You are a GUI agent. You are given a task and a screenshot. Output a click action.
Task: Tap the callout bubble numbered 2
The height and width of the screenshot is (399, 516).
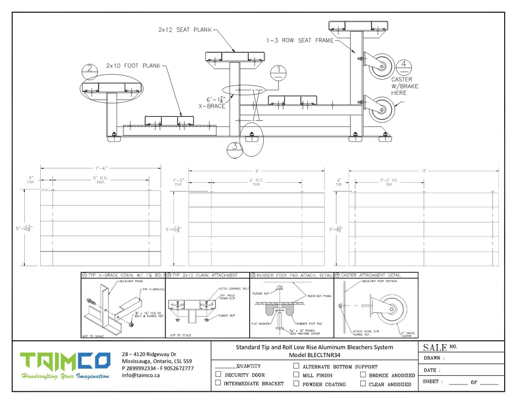tap(90, 69)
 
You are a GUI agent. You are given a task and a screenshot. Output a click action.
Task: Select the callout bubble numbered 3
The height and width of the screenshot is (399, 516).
tap(234, 147)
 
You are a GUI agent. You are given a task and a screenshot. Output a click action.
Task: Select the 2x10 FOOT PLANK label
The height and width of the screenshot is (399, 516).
tap(133, 66)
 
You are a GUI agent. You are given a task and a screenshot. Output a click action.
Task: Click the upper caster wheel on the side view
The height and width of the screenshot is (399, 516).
tap(382, 66)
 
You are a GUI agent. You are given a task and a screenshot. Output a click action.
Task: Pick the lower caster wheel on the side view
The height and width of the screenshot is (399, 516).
tap(382, 109)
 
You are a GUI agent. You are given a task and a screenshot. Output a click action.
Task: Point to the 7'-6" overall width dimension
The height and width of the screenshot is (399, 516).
tap(101, 168)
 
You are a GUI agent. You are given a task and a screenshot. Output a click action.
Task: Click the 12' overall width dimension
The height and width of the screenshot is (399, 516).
tap(424, 170)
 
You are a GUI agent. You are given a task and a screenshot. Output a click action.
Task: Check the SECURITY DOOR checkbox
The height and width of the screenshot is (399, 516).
tap(218, 374)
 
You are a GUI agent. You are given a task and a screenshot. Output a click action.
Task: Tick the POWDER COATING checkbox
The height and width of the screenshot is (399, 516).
tap(296, 384)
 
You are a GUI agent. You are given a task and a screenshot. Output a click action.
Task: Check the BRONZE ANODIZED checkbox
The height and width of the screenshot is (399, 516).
tap(363, 375)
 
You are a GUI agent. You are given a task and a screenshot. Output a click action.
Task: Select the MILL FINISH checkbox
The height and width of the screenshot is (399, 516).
tap(296, 375)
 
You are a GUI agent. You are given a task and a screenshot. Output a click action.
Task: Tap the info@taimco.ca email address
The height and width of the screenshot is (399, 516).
tap(141, 375)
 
